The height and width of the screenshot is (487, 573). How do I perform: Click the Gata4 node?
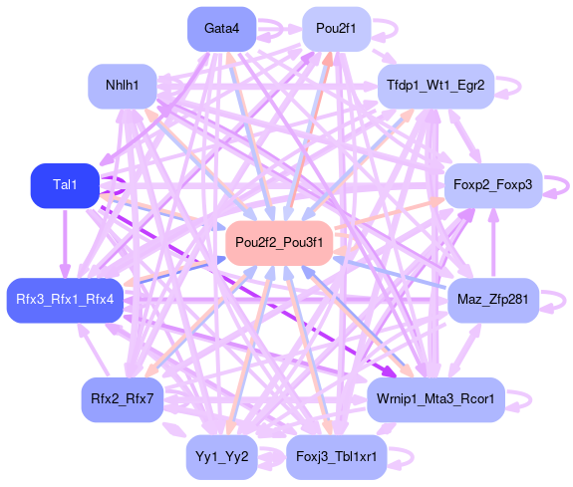click(x=221, y=29)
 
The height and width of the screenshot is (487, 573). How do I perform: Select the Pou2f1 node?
click(x=336, y=29)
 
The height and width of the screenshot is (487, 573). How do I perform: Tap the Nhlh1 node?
click(x=122, y=87)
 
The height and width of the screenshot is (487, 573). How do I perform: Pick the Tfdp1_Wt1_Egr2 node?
click(x=435, y=87)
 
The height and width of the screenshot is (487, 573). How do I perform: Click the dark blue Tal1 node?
click(x=65, y=185)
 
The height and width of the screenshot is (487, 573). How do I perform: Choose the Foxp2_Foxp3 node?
click(x=493, y=185)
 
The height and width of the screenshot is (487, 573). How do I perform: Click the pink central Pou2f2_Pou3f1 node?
click(x=279, y=243)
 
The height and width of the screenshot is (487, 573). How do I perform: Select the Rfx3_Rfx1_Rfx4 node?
click(x=65, y=301)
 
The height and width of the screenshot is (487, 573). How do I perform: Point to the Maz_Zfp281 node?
click(x=493, y=301)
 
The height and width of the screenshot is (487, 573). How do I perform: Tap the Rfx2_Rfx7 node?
click(x=122, y=399)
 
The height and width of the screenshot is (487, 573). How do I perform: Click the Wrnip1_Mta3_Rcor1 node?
click(x=435, y=399)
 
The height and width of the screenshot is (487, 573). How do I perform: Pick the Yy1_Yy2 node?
click(x=221, y=457)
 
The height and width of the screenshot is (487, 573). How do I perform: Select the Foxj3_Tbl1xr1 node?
click(x=336, y=457)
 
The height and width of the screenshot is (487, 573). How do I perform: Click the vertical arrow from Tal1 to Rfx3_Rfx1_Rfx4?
click(x=65, y=244)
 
